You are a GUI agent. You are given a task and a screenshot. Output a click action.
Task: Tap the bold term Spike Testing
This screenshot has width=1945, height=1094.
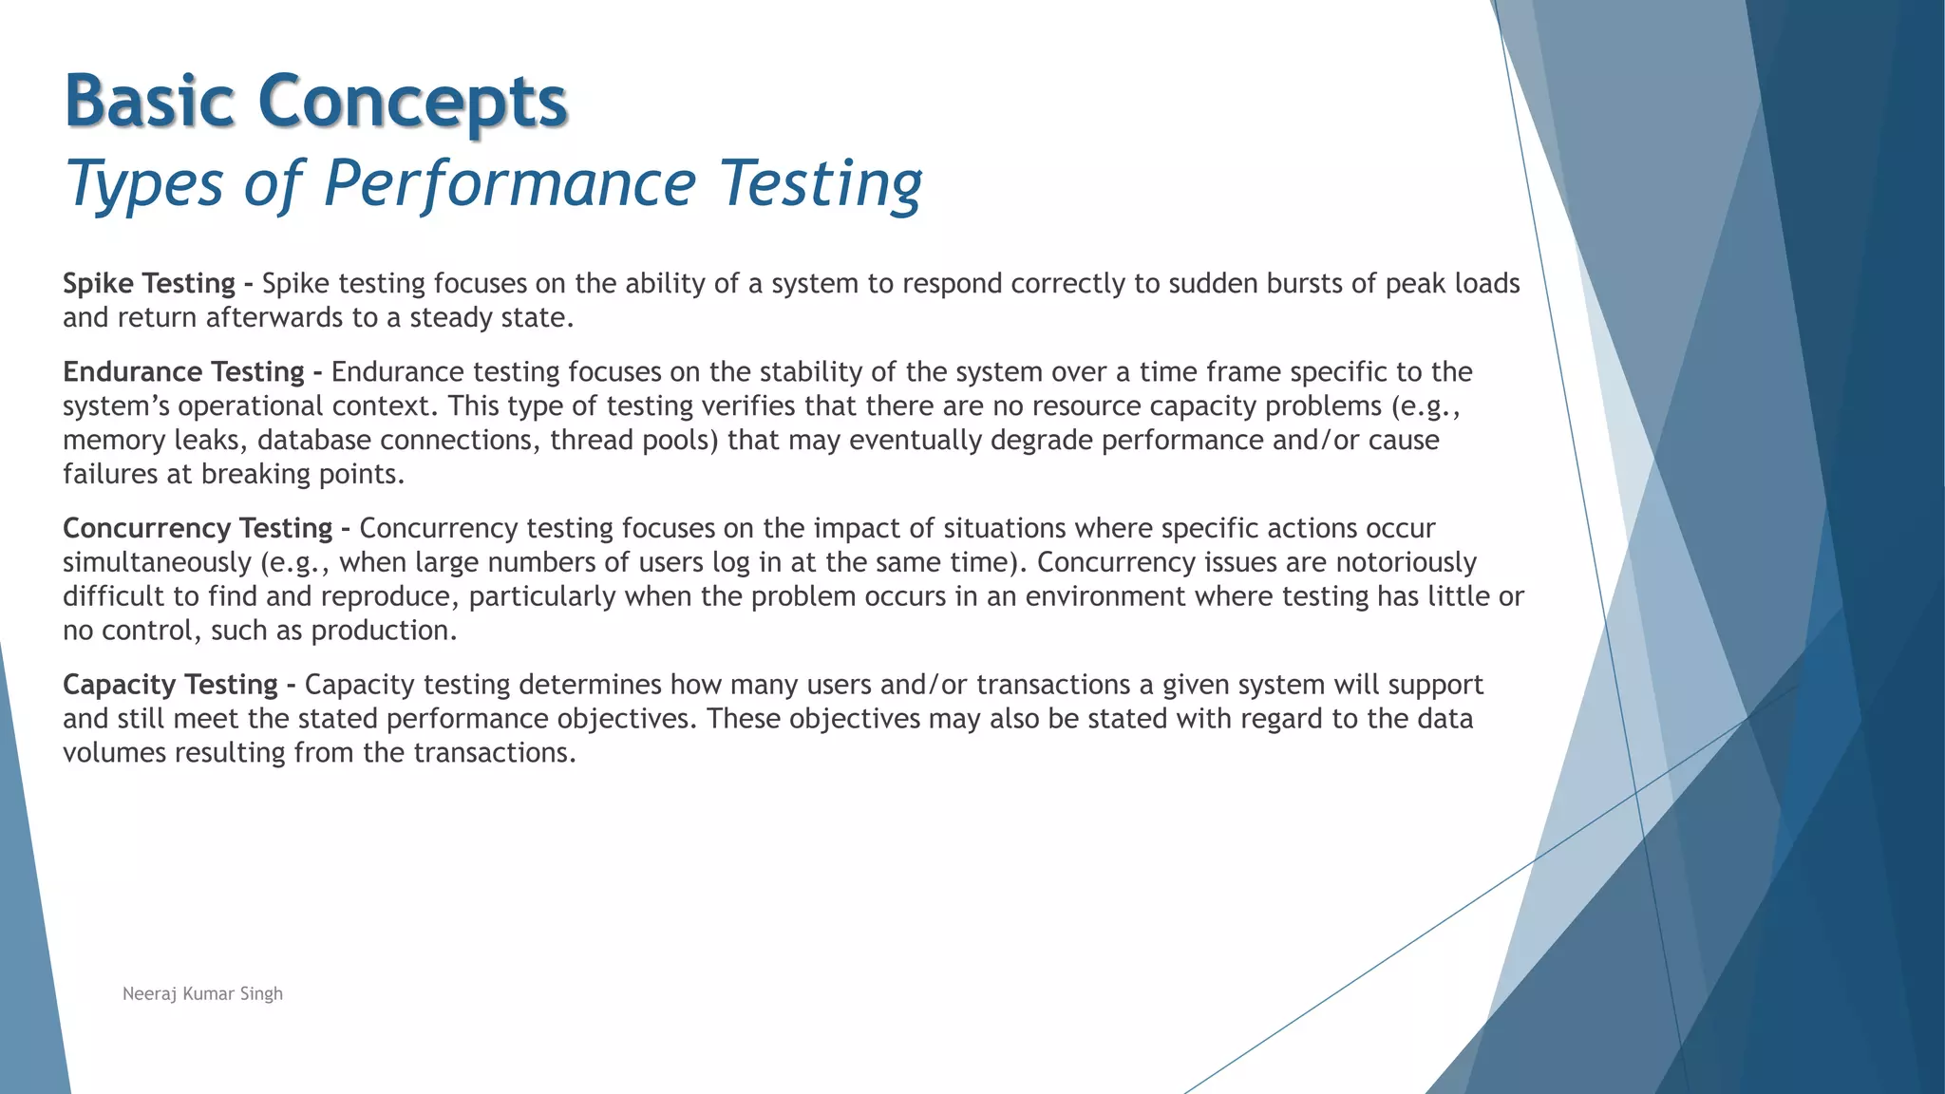(x=149, y=283)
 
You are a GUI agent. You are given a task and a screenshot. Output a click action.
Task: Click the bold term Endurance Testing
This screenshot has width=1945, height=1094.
(x=183, y=371)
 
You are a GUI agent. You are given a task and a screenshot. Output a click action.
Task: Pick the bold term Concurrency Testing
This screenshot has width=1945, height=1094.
(x=198, y=528)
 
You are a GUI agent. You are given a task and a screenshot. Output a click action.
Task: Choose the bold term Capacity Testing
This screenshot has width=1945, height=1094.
(x=170, y=685)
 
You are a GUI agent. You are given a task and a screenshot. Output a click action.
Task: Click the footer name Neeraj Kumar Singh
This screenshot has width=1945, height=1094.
(x=202, y=993)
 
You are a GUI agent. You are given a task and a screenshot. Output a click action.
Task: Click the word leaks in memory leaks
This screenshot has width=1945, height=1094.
(x=211, y=440)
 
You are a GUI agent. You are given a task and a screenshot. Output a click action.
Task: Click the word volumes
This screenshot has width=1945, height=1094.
(x=114, y=752)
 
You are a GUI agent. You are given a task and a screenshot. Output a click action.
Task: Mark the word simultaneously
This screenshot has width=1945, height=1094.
(x=157, y=562)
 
